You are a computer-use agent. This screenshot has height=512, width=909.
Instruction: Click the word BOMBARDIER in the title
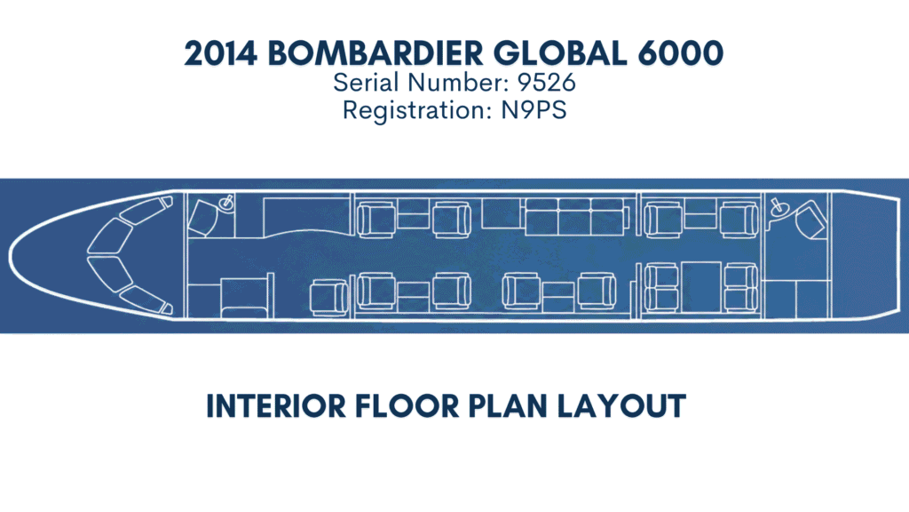pos(375,53)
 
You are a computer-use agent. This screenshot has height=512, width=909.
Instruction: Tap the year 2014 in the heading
pos(221,53)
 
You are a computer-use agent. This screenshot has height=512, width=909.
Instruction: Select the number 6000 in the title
pos(681,53)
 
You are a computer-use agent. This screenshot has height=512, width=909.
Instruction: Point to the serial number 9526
pos(547,83)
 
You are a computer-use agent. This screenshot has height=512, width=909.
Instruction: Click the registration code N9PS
pos(534,110)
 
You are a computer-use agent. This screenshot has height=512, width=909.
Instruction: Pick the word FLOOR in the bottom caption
pos(407,405)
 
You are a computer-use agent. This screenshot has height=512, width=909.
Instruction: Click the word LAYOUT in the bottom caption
pos(621,405)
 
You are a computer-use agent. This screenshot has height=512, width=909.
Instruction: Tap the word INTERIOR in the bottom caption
pos(276,405)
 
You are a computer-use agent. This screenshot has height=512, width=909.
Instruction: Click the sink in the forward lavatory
pos(226,203)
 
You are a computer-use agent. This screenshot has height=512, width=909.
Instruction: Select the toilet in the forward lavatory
pos(203,217)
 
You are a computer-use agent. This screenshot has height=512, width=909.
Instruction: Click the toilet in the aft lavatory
pos(811,219)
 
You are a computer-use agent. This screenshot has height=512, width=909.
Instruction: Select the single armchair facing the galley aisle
pos(328,298)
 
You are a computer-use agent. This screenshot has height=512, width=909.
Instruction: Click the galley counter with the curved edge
pos(307,217)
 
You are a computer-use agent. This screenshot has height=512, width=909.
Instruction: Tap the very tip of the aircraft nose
pos(9,256)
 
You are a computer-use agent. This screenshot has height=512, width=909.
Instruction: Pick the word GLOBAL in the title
pos(560,53)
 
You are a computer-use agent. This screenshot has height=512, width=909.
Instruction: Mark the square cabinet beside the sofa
pos(503,213)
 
